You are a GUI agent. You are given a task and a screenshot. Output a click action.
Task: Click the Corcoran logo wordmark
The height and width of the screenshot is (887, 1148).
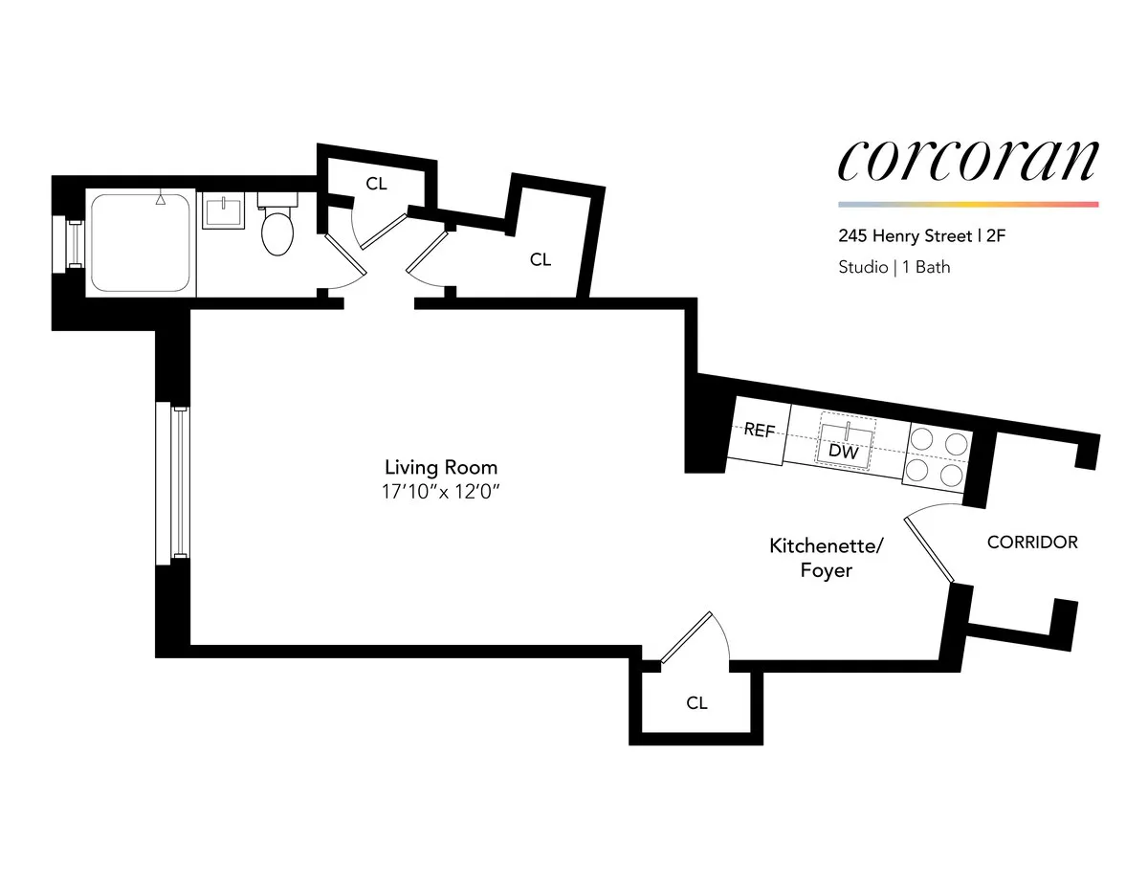(x=967, y=161)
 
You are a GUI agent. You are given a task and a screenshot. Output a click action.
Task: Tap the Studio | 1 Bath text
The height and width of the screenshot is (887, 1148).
(x=894, y=267)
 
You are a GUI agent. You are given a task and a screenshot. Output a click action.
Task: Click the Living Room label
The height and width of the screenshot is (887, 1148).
(x=441, y=468)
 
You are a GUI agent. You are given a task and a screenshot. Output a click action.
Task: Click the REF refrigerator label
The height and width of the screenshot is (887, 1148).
(x=759, y=431)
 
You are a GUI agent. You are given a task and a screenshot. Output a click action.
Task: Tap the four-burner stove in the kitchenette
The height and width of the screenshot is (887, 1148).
(x=938, y=455)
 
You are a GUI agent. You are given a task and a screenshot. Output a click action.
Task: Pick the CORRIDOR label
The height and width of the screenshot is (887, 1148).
(x=1032, y=543)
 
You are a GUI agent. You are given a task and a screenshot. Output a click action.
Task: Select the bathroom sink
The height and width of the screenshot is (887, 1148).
(x=227, y=211)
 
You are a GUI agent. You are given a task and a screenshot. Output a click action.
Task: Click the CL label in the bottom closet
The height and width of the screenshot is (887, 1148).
(x=696, y=703)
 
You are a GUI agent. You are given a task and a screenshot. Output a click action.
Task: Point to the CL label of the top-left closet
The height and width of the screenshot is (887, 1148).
(x=377, y=184)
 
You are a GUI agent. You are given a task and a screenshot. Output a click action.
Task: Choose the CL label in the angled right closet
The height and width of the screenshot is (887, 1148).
(x=541, y=259)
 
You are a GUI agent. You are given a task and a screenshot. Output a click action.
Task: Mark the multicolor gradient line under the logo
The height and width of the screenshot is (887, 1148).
(x=967, y=204)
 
